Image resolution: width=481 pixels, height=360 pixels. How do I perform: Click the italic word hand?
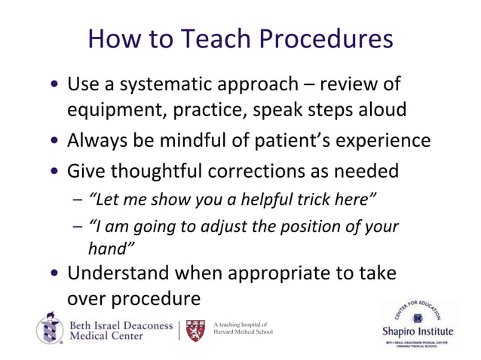[110, 249]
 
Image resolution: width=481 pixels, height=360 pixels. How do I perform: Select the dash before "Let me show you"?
[79, 200]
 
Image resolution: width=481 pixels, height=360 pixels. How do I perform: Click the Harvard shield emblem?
[196, 330]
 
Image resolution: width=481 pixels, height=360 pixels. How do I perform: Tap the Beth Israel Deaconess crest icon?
[50, 328]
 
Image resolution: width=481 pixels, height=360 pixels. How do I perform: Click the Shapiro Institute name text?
[415, 331]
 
